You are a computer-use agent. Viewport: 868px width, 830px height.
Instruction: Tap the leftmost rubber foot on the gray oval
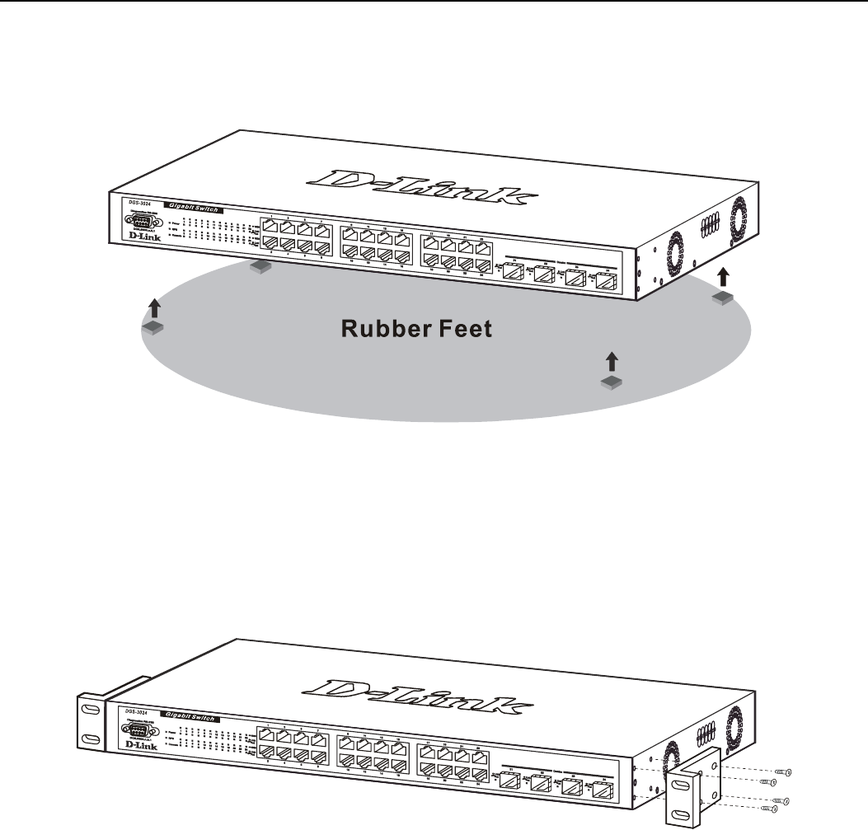point(154,328)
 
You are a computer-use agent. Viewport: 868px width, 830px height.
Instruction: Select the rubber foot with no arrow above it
point(260,266)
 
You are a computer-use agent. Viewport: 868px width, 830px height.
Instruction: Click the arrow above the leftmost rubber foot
point(154,309)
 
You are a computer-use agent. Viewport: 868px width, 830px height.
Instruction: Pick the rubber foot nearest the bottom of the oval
point(611,381)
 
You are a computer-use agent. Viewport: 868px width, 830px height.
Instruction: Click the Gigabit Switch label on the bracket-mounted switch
point(190,717)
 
